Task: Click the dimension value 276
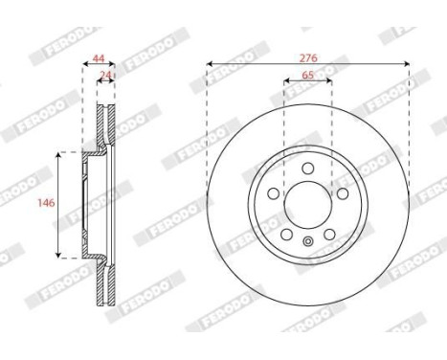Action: point(308,57)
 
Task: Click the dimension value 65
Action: point(308,77)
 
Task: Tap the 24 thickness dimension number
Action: point(107,77)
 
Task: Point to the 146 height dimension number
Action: point(41,204)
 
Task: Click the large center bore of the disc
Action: point(307,204)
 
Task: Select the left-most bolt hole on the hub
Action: point(274,194)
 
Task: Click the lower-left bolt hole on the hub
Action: point(286,234)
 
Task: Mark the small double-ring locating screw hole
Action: point(307,240)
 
